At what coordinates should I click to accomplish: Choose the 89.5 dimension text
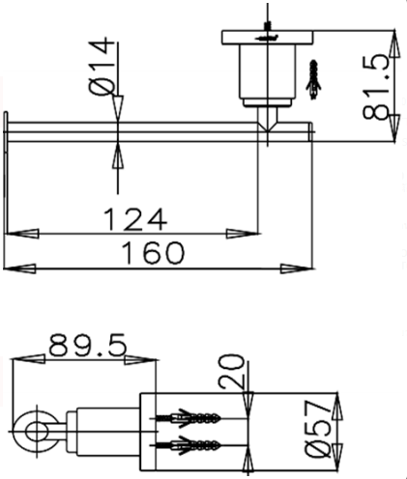tap(87, 345)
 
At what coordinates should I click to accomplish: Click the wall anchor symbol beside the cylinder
tap(312, 80)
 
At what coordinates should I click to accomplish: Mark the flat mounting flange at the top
tap(267, 38)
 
